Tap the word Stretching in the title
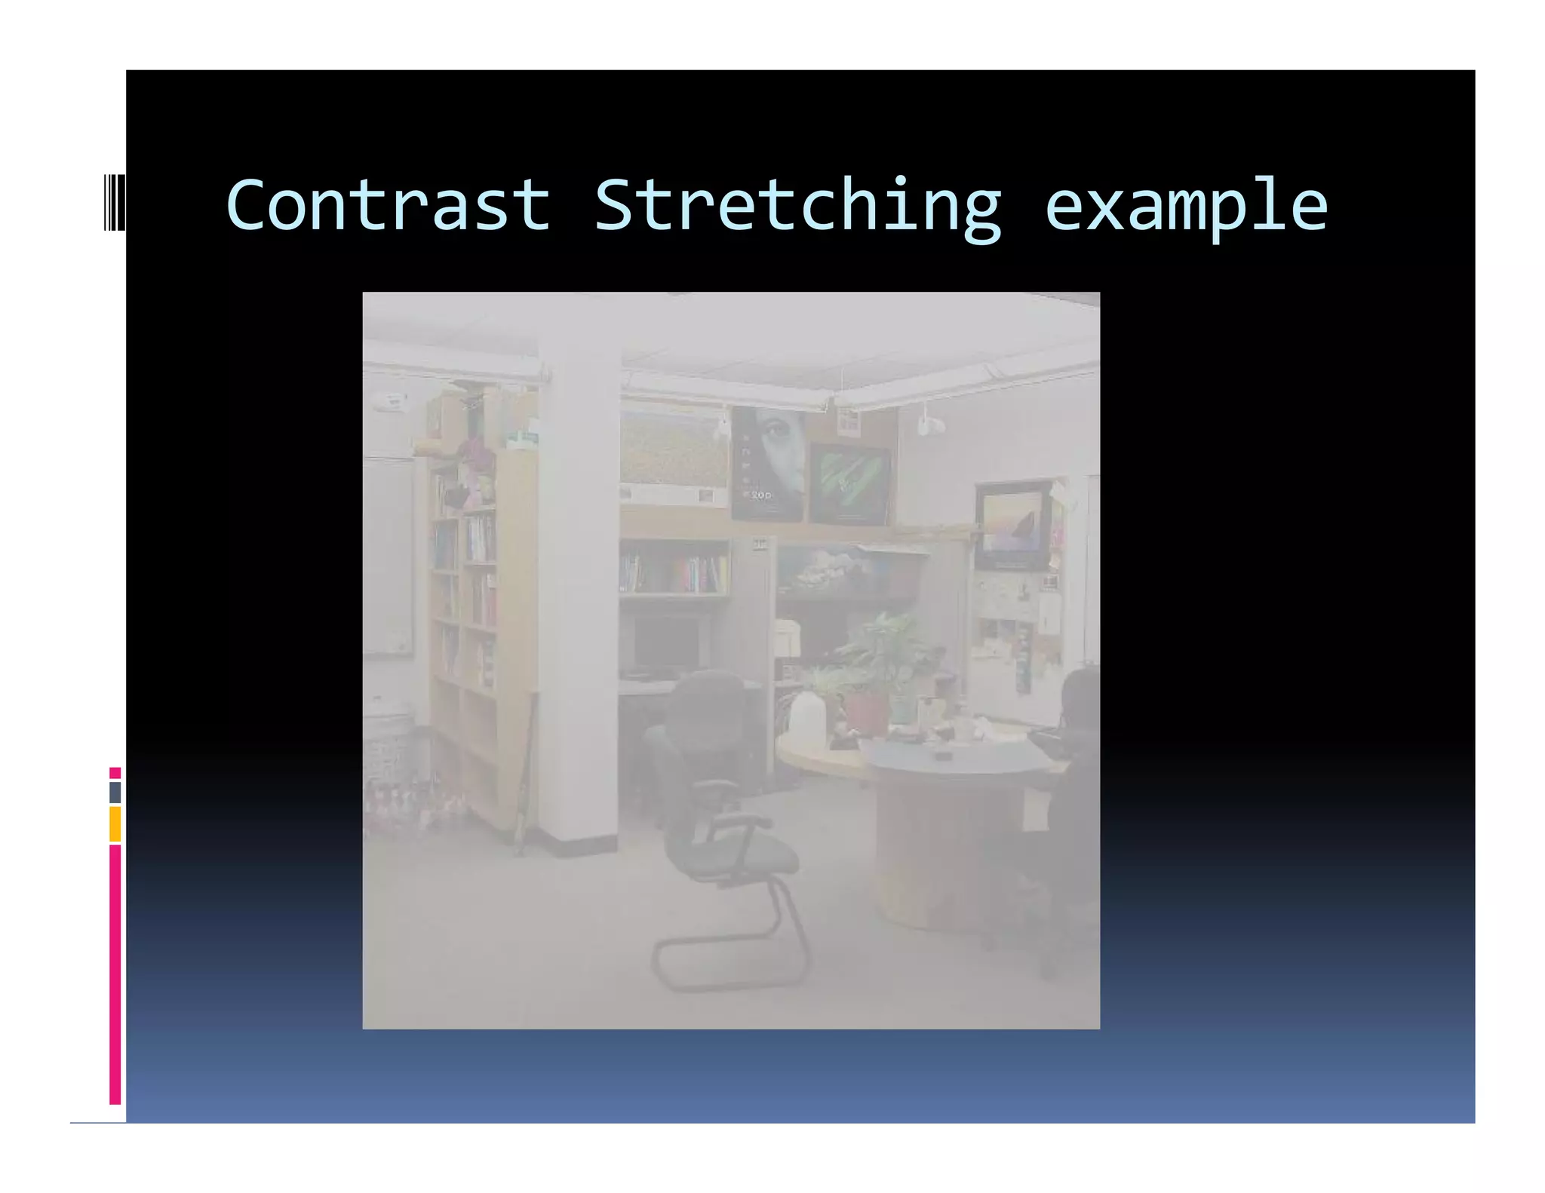797,206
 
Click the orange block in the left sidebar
115,823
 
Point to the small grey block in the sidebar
115,792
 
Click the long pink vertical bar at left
115,973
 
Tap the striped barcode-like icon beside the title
115,201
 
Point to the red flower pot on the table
865,713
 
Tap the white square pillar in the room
579,573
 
